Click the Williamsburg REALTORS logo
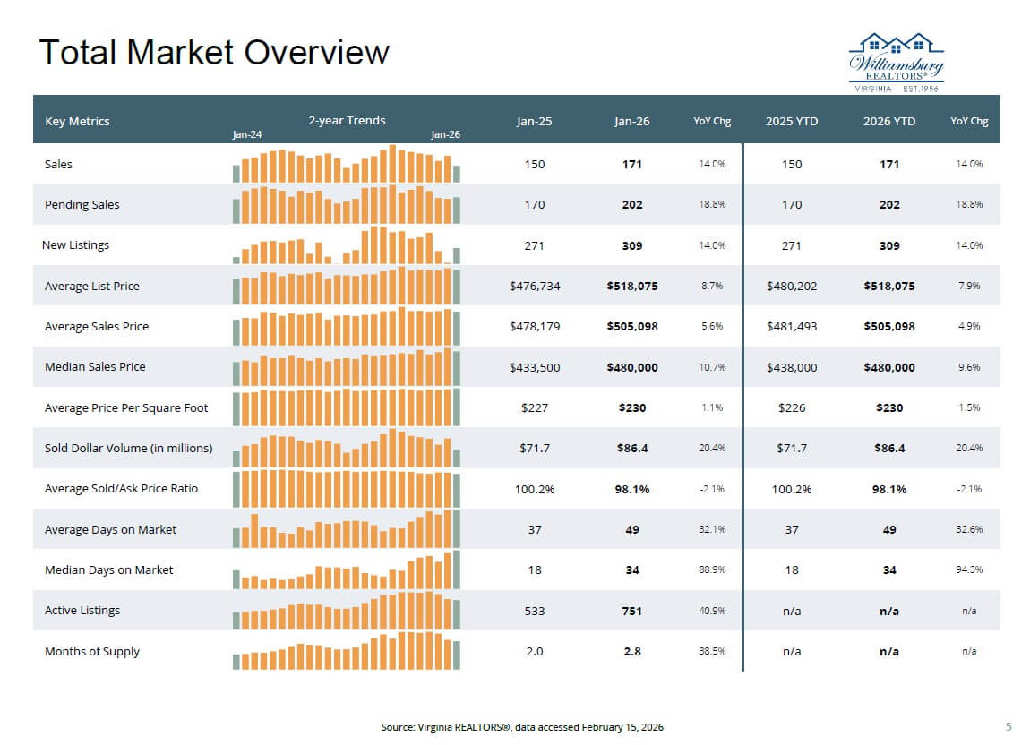(896, 61)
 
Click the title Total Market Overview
(214, 53)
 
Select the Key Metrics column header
(77, 122)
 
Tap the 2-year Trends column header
(347, 121)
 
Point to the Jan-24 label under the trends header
(247, 134)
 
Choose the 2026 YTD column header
(888, 122)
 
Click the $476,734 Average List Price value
(535, 287)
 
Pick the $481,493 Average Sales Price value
(792, 327)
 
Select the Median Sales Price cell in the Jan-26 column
(631, 367)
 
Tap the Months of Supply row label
(92, 651)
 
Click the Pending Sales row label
(82, 204)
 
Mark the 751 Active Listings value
(631, 611)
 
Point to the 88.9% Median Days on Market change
(712, 570)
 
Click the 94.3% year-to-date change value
(969, 570)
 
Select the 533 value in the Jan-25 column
(535, 611)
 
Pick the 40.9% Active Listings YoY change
(712, 611)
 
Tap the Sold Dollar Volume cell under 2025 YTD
(792, 448)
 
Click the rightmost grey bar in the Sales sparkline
(457, 174)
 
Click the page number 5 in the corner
(1009, 726)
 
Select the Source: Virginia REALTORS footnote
(522, 727)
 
